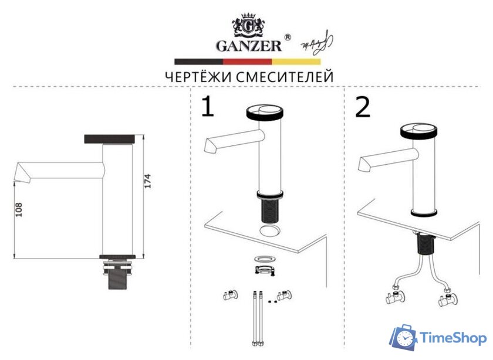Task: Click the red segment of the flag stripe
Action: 247,60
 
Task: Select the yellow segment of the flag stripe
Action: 296,60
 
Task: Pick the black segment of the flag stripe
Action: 198,60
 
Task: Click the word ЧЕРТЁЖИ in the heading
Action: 198,76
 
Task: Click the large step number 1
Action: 207,107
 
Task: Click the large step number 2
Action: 363,107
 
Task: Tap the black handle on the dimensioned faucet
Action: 111,138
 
